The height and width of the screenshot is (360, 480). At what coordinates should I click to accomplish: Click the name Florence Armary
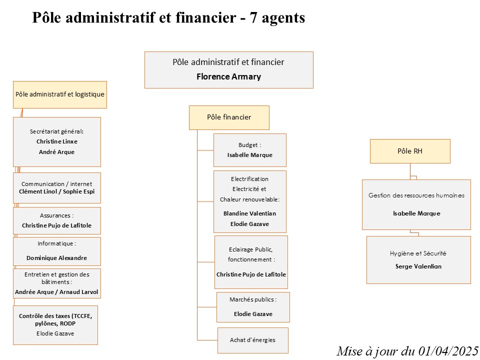(x=228, y=76)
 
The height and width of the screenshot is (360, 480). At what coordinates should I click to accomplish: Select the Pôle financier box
(x=229, y=117)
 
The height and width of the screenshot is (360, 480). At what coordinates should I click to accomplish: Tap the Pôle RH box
(x=410, y=151)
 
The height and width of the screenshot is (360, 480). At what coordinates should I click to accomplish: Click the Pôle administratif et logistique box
(x=60, y=94)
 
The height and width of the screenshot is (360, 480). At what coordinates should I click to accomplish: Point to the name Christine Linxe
(x=57, y=141)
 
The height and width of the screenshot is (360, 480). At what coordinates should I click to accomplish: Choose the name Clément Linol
(x=38, y=191)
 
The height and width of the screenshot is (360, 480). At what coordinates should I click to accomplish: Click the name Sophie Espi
(x=78, y=191)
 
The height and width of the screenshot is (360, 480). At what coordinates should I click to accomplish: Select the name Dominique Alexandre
(x=56, y=258)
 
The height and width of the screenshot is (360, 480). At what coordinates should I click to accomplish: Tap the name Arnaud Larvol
(x=78, y=292)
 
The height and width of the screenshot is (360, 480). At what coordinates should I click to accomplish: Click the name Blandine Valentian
(x=249, y=213)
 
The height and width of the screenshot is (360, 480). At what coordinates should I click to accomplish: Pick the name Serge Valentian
(x=418, y=266)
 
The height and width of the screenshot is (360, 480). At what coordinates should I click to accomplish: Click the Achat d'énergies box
(x=253, y=340)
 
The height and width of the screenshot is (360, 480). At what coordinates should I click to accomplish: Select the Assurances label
(x=56, y=215)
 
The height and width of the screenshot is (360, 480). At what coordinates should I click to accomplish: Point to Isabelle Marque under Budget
(x=250, y=155)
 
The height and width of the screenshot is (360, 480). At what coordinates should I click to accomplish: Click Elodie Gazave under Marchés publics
(x=253, y=314)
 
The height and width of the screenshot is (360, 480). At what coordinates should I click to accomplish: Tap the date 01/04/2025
(x=448, y=351)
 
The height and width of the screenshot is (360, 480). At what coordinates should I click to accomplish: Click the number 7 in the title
(x=253, y=18)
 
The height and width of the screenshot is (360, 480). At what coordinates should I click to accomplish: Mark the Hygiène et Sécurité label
(x=418, y=253)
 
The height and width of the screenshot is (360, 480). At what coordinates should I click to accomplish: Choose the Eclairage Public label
(x=250, y=249)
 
